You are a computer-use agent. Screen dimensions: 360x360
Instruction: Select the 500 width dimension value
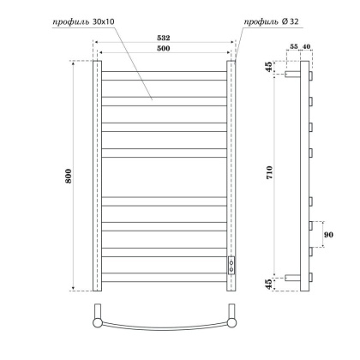tap(164, 49)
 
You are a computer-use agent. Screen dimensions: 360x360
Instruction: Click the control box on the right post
tap(231, 263)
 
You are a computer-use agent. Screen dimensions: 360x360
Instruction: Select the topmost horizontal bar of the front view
tap(164, 65)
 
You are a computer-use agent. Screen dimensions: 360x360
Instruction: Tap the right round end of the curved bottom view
tap(231, 321)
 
